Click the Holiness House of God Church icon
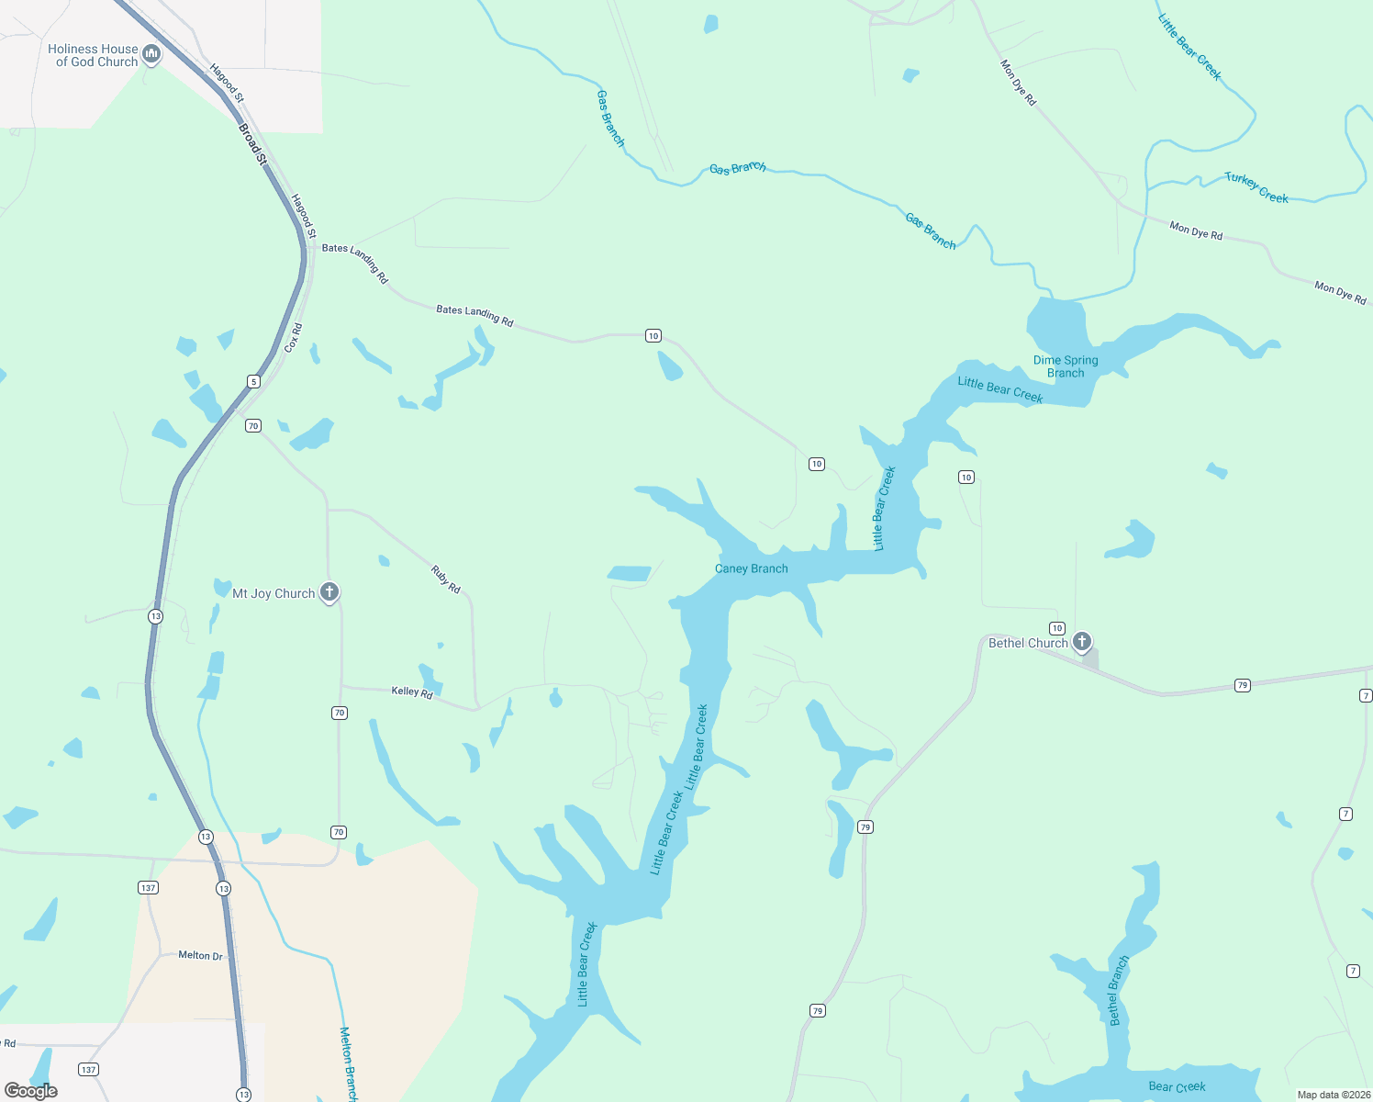(x=152, y=54)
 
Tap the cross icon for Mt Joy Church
(x=329, y=592)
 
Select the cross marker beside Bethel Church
(x=1082, y=641)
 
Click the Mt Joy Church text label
(x=273, y=594)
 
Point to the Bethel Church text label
(x=1028, y=643)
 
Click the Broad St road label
(x=252, y=145)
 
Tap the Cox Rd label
(x=293, y=338)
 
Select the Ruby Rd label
(x=446, y=579)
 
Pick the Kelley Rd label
(x=412, y=692)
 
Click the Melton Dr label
(x=200, y=956)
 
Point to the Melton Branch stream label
(x=348, y=1063)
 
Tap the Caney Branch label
(x=751, y=568)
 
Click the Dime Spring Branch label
(x=1066, y=366)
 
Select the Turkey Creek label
(x=1256, y=187)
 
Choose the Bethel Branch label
(x=1119, y=991)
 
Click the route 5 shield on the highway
(x=253, y=381)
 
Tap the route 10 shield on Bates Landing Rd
(x=653, y=335)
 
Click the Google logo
(x=31, y=1091)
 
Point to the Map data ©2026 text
(x=1333, y=1095)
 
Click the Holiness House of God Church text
(x=93, y=55)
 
